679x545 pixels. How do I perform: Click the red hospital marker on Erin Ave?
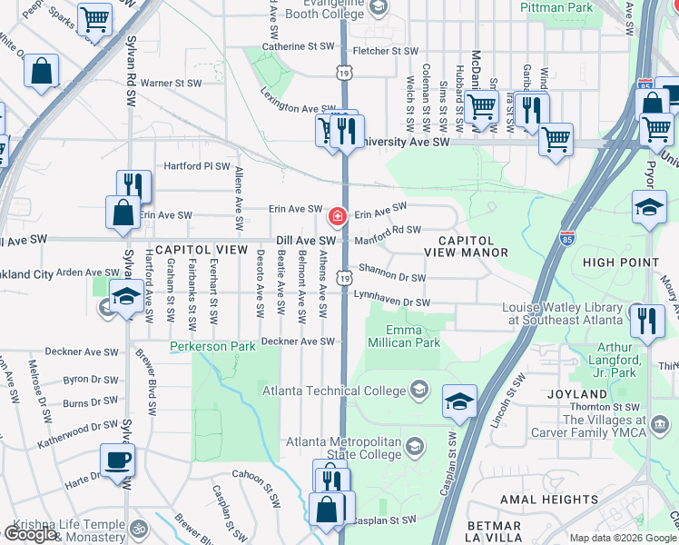pos(337,216)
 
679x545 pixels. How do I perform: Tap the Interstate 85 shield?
pos(566,236)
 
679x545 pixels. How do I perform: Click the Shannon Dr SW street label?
pos(392,272)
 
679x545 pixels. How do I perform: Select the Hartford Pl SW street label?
pos(197,166)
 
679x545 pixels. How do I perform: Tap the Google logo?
pos(30,534)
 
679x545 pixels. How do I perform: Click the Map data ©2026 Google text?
pos(623,538)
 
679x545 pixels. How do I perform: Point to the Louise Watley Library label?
pos(563,313)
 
